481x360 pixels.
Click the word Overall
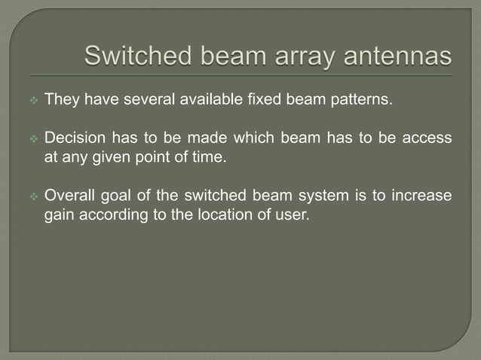[x=70, y=197]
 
